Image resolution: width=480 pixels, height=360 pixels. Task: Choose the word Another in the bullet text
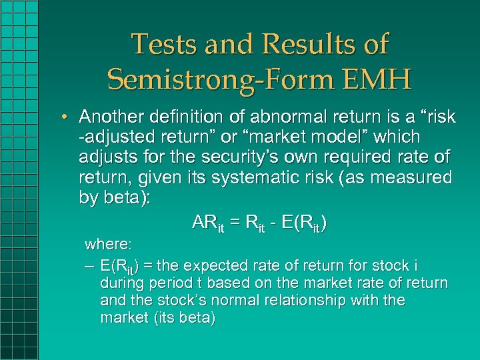coord(111,117)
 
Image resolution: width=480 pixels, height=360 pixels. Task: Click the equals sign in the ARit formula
coord(236,223)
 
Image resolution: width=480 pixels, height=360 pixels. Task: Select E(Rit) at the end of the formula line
coord(304,223)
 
